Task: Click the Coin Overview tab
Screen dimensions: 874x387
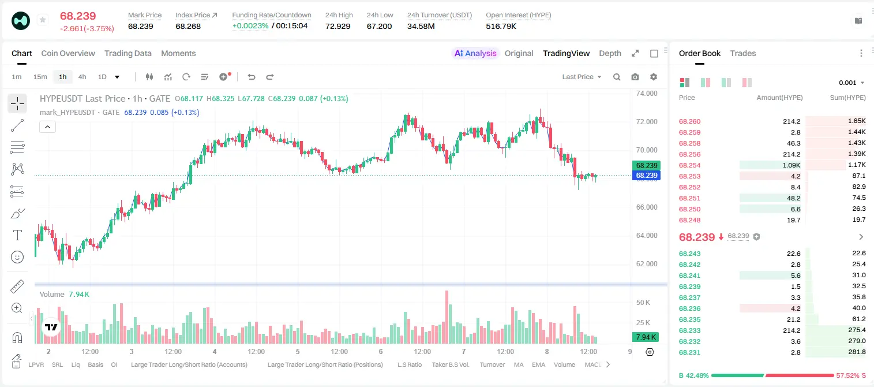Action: [68, 53]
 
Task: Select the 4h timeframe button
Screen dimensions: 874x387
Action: [82, 77]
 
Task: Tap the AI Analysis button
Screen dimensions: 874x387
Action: [475, 53]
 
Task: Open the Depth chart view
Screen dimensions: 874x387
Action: [610, 53]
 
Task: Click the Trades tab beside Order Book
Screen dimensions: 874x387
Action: [743, 53]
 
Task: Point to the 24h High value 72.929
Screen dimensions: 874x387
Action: [338, 26]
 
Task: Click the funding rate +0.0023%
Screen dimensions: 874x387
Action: [250, 26]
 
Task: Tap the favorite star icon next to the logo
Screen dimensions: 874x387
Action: [43, 20]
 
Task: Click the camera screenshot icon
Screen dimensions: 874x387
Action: [635, 77]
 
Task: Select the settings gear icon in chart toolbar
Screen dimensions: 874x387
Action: [654, 77]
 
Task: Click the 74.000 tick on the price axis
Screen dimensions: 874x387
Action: [647, 94]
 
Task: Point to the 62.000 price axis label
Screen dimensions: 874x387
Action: [647, 263]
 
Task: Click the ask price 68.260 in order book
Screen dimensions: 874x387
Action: [689, 121]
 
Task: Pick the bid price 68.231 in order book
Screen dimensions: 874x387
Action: [689, 352]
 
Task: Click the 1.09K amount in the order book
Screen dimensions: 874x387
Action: [792, 165]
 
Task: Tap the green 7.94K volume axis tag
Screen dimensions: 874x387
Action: [646, 337]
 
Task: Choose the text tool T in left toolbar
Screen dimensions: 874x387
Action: [17, 235]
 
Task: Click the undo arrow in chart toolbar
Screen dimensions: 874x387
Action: [252, 77]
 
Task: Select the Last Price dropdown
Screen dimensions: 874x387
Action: [582, 77]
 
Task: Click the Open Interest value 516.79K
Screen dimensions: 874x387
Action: [501, 26]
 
